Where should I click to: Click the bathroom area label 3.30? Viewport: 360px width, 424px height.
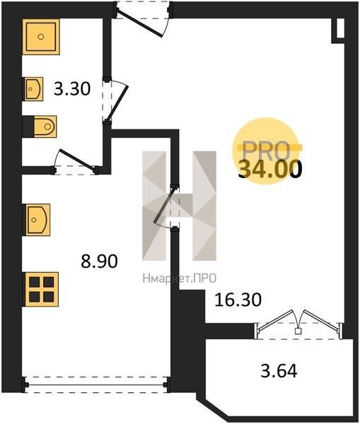coord(72,89)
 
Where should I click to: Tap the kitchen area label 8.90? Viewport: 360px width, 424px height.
coord(99,261)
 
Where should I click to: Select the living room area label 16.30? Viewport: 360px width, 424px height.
coord(238,300)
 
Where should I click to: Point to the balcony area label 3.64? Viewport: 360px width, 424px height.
coord(279,371)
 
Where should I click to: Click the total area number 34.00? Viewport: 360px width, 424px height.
coord(270,170)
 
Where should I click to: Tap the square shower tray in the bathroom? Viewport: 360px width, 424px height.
coord(41,37)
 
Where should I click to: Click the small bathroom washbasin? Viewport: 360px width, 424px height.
coord(34,89)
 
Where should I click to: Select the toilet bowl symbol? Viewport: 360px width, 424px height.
coord(45,126)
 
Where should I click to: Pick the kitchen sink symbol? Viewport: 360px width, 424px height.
coord(38,220)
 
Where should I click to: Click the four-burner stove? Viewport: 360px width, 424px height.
coord(42,289)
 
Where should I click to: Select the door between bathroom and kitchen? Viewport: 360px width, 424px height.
coord(75,163)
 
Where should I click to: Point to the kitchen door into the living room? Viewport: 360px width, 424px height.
coord(168,208)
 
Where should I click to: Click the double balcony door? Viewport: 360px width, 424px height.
coord(298,324)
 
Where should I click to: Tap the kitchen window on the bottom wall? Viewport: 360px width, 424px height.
coord(96,384)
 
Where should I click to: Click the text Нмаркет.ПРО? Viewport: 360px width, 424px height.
coord(180,278)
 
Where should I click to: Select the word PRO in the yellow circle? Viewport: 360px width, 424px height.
coord(266,151)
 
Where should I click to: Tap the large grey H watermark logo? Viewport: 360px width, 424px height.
coord(179,206)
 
